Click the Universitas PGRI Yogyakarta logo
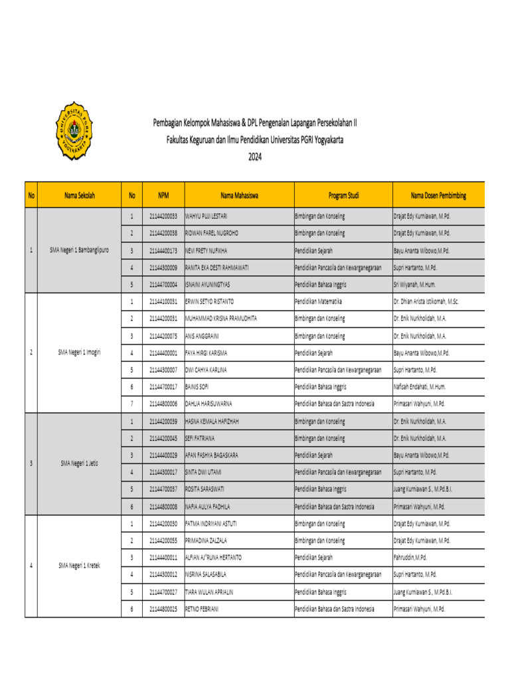(73, 131)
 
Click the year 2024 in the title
(255, 157)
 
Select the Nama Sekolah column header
(80, 196)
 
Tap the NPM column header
(163, 196)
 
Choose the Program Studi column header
(343, 196)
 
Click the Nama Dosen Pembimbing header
(438, 196)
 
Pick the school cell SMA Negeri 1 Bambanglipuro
(80, 250)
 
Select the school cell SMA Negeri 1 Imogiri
(80, 352)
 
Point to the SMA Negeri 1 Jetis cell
(80, 463)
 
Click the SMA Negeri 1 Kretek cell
(80, 566)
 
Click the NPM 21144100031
(163, 301)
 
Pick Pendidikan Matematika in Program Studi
(320, 301)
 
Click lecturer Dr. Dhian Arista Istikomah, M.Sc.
(435, 301)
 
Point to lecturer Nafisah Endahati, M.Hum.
(424, 386)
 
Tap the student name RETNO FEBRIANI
(202, 609)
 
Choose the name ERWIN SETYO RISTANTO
(210, 301)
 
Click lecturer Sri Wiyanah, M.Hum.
(418, 284)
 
